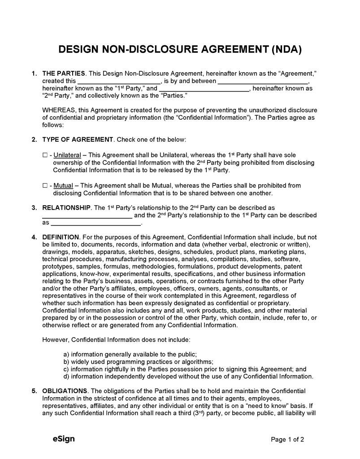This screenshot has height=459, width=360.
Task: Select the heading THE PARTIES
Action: point(63,74)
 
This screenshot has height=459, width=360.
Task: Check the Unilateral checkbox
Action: point(45,155)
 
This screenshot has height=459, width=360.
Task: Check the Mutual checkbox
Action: point(45,186)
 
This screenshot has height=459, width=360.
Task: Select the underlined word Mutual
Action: point(63,186)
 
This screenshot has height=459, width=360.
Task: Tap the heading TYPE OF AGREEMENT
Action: point(78,139)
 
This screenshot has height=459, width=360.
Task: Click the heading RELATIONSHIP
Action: point(66,208)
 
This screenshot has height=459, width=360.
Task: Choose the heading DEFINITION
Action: point(61,237)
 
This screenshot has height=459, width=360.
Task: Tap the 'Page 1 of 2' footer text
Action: point(287,439)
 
